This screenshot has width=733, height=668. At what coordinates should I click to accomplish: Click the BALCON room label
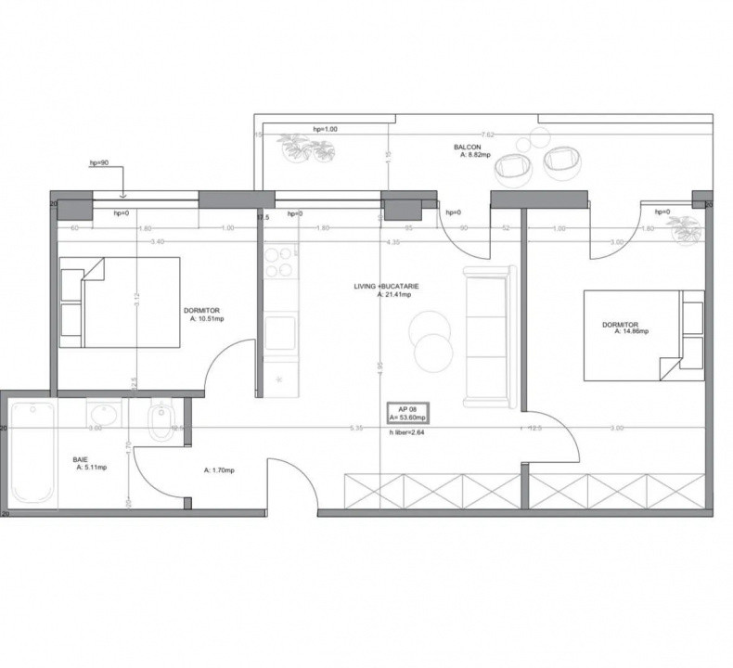coord(467,148)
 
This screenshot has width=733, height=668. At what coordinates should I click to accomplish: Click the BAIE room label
coord(81,459)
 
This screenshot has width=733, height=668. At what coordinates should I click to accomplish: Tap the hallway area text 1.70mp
coord(219,470)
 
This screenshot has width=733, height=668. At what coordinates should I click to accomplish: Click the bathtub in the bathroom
coord(33,454)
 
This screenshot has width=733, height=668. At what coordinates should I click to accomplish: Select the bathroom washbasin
coord(101,413)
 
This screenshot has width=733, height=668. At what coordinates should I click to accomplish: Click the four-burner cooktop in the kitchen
coord(279,262)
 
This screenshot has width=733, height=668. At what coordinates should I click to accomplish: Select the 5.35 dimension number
coord(355,428)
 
